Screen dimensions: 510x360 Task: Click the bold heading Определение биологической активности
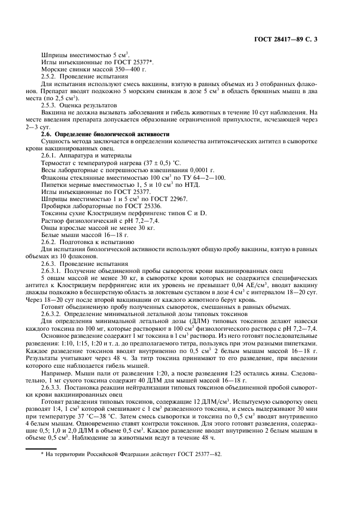[x=108, y=134]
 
